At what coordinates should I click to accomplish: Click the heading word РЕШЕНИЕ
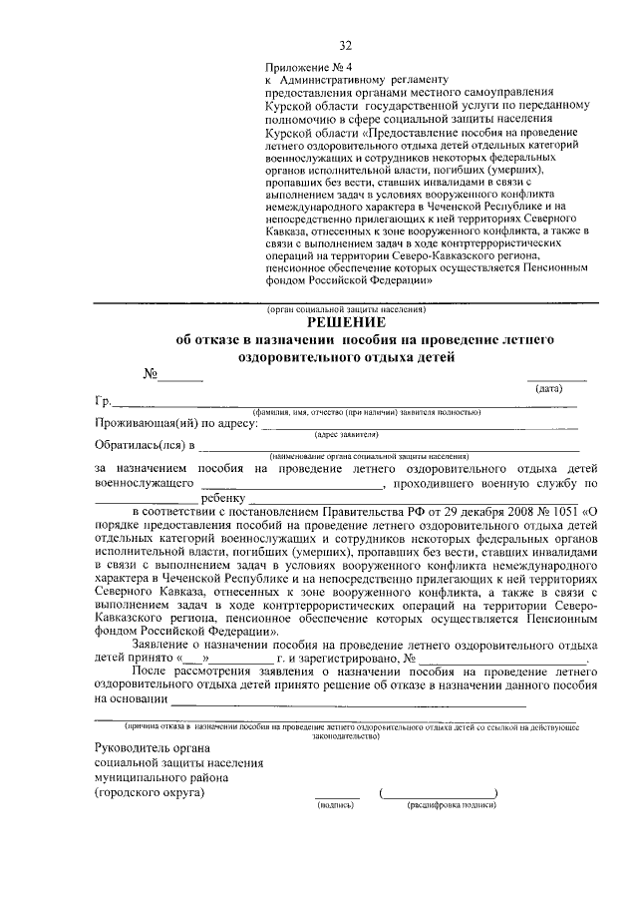click(345, 323)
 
